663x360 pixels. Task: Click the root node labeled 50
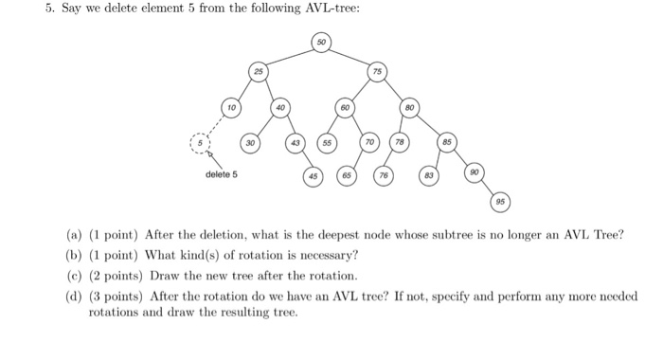(x=323, y=42)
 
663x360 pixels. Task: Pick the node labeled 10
(x=230, y=108)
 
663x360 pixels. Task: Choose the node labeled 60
(x=348, y=108)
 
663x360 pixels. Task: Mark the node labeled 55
(x=328, y=145)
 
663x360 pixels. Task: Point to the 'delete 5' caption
(x=222, y=174)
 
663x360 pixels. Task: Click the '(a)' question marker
(x=74, y=234)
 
